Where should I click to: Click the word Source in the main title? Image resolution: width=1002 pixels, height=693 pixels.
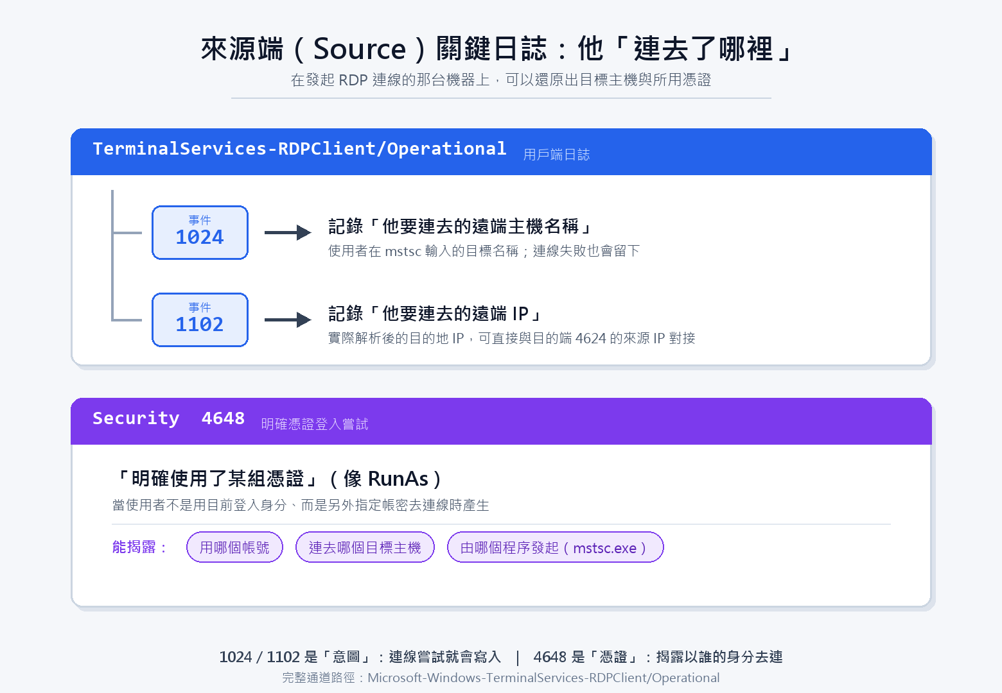point(359,49)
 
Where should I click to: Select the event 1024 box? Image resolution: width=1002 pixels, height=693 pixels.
point(200,232)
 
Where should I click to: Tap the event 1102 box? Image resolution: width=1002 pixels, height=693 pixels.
point(200,320)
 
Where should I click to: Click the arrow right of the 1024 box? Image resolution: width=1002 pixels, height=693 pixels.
point(288,232)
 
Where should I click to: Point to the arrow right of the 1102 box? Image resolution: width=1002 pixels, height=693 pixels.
point(288,320)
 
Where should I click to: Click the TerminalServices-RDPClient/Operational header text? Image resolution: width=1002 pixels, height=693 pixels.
point(299,149)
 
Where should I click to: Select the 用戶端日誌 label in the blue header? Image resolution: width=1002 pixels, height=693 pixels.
point(556,155)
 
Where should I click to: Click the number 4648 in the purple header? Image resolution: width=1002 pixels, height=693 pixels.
point(223,418)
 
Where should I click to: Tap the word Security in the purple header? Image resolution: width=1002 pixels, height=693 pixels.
point(136,418)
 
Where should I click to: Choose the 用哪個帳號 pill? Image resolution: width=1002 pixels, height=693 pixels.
point(234,547)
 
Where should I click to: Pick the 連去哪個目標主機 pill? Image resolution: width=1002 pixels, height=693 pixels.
point(365,547)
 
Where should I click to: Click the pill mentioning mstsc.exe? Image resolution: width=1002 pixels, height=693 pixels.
point(555,547)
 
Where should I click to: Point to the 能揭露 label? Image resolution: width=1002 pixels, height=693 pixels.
point(139,547)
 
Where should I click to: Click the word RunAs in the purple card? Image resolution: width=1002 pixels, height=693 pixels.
point(398,479)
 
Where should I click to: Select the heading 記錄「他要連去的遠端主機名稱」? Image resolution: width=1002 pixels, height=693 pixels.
point(461,227)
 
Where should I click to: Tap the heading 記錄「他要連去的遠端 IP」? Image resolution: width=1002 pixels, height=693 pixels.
point(435,314)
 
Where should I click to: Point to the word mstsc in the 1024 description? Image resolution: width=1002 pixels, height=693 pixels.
point(403,251)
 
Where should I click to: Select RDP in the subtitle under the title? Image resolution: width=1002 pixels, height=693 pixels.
point(353,80)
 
